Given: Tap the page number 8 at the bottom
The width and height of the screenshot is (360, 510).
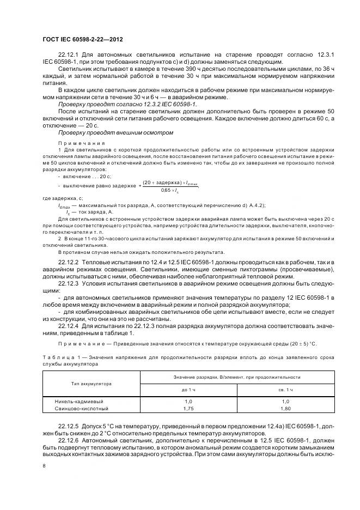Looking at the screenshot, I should pos(44,465).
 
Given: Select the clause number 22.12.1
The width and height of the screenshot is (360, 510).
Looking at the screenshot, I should pos(68,55).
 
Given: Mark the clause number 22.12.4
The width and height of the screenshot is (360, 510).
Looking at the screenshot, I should pos(68,325).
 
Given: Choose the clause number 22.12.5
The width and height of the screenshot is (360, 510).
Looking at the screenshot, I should pos(68,423).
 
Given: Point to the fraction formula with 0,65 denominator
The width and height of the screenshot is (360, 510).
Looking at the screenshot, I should pos(169,186).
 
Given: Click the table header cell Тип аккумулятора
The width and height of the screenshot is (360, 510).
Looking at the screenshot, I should pos(91,384).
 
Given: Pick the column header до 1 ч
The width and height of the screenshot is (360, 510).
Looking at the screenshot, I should pos(188,390).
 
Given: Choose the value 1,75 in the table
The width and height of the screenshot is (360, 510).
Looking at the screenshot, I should pos(188,408).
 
